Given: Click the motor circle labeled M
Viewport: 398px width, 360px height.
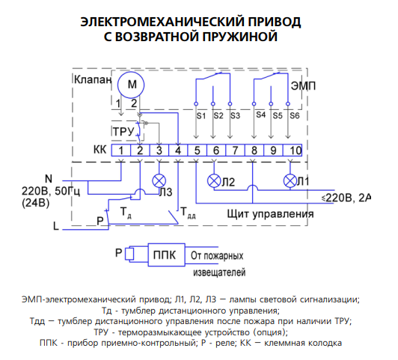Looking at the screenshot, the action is click(x=131, y=85).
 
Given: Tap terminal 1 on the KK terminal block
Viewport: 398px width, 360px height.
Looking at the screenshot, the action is click(x=121, y=150).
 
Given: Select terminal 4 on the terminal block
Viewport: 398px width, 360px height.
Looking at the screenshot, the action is click(x=178, y=150).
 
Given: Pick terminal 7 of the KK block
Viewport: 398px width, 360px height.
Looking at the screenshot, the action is click(x=236, y=150).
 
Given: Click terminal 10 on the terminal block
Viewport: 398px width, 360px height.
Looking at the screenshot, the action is click(x=293, y=150).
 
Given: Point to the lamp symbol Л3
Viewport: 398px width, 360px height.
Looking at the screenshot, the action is click(x=159, y=181).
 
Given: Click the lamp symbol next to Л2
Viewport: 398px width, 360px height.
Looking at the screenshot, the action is click(x=214, y=181).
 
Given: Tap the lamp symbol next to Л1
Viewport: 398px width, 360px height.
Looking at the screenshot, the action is click(x=290, y=181).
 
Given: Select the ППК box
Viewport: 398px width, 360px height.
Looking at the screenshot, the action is click(x=167, y=255).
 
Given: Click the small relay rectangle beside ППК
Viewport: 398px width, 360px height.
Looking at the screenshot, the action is click(x=129, y=254).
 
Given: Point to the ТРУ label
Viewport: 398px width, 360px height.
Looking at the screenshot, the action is click(x=123, y=132).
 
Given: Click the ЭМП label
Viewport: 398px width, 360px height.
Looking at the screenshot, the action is click(x=303, y=86).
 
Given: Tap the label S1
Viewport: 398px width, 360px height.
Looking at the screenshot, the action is click(x=201, y=116).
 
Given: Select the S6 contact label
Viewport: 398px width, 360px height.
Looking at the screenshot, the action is click(x=295, y=116).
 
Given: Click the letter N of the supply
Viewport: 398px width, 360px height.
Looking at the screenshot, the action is click(x=49, y=179).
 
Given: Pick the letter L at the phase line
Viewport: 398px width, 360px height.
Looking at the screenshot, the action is click(x=56, y=226).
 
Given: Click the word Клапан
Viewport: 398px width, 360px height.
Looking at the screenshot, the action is click(x=93, y=79).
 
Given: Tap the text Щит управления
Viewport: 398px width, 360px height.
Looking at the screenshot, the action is click(x=270, y=214).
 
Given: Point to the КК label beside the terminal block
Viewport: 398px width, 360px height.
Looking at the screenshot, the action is click(x=100, y=150).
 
